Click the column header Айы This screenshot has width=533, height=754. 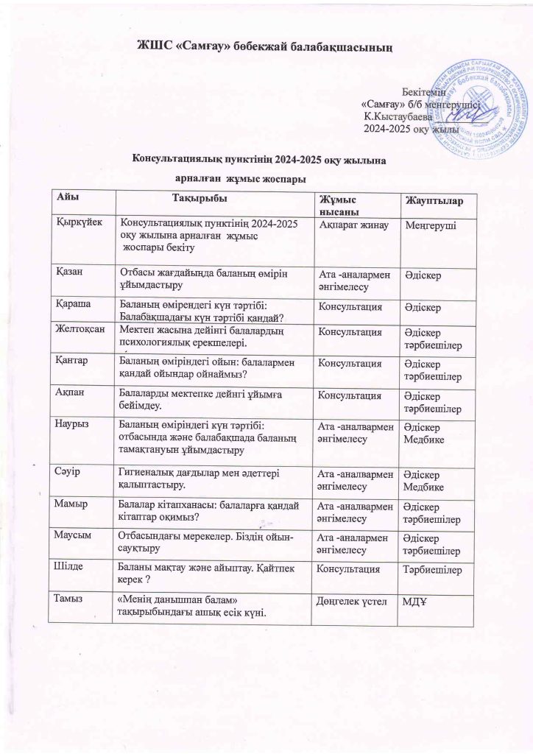[x=70, y=197]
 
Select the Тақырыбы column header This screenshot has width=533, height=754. [x=198, y=197]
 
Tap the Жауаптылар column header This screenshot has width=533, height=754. [x=431, y=201]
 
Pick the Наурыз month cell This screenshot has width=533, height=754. [x=76, y=423]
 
